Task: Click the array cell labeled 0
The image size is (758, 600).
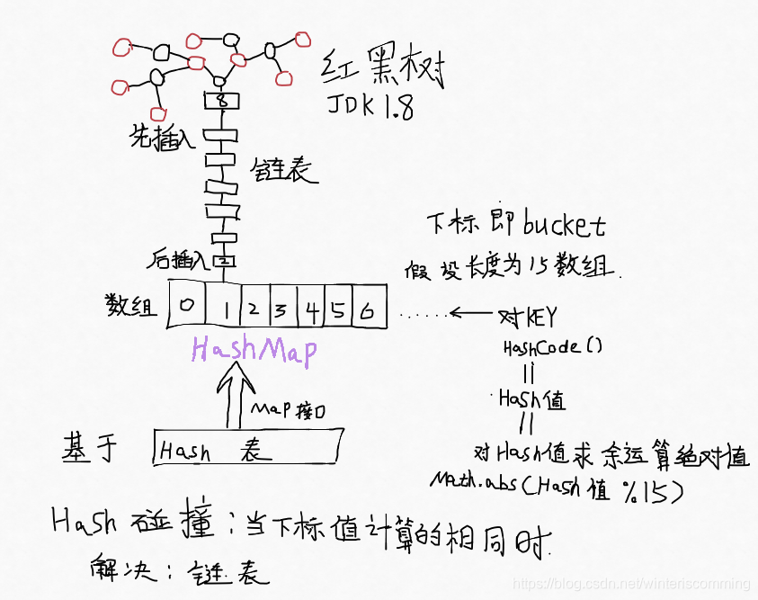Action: tap(186, 306)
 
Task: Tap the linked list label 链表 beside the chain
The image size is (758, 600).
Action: tap(286, 168)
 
